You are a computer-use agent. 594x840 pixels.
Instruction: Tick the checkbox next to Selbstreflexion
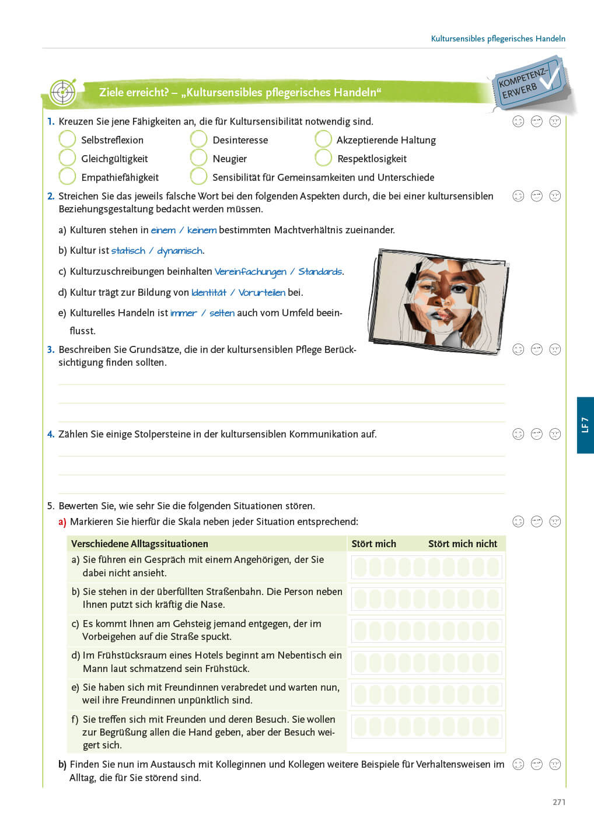click(67, 139)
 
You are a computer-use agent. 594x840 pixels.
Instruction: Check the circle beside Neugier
click(198, 158)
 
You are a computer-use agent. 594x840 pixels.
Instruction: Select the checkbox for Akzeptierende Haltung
click(323, 139)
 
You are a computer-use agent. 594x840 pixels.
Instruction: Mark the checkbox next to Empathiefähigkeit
click(67, 177)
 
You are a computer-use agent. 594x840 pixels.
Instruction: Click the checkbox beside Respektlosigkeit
click(323, 158)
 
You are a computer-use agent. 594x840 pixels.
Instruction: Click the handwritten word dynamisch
click(180, 251)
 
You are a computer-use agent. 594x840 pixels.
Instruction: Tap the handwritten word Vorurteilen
click(261, 293)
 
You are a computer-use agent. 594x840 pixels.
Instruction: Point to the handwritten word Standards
click(320, 272)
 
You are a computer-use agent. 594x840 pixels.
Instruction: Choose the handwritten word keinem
click(201, 230)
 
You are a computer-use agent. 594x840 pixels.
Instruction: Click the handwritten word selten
click(222, 313)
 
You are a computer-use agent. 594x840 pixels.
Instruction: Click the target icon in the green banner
click(62, 92)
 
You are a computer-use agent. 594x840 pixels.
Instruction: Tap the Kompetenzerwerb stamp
click(529, 83)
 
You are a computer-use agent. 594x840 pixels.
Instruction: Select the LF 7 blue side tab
click(585, 425)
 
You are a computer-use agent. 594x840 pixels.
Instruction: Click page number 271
click(559, 802)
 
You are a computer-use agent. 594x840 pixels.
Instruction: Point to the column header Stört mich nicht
click(462, 544)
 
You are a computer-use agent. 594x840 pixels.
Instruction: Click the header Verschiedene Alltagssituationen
click(139, 544)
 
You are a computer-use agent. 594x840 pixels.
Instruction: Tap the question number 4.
click(51, 434)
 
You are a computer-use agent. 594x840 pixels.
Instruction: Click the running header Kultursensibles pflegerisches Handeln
click(498, 38)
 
